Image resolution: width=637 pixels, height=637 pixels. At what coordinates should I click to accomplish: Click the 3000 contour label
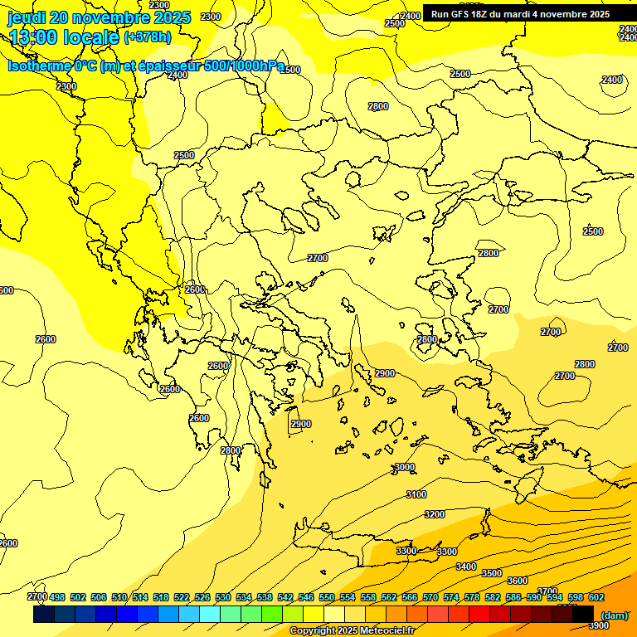tap(404, 467)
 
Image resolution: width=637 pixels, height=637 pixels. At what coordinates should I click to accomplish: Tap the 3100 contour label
tap(416, 494)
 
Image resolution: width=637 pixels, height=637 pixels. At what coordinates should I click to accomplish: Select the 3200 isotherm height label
tap(435, 514)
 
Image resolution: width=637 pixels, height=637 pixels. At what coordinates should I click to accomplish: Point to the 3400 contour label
tap(466, 566)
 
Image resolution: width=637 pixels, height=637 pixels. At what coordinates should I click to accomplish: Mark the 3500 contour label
tap(492, 573)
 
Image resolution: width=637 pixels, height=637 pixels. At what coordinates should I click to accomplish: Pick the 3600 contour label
tap(518, 581)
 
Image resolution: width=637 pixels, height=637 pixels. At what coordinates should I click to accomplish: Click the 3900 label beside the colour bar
tap(598, 626)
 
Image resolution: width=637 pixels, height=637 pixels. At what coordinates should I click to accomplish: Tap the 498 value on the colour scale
tap(57, 597)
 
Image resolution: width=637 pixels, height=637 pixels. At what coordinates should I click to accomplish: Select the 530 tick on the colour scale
tap(223, 597)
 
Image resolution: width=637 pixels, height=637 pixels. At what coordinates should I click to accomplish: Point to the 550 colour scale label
tap(327, 597)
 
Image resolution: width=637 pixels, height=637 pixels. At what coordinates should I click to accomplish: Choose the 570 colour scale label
tap(430, 597)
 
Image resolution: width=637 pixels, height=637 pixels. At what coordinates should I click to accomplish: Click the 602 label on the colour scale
tap(596, 597)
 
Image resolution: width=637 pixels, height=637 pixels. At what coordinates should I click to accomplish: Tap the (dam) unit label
tap(614, 615)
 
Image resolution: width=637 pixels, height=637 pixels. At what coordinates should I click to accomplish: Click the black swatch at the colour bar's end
tap(583, 615)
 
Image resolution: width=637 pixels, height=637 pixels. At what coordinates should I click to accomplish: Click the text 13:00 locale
tap(64, 37)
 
